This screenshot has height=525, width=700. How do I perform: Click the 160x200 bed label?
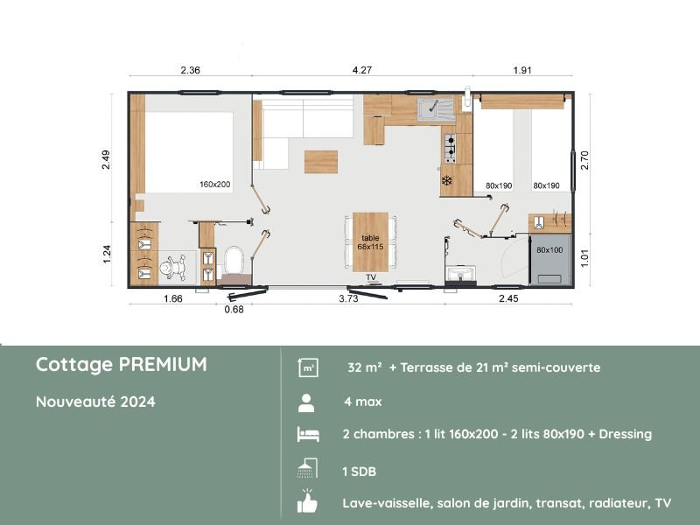(214, 185)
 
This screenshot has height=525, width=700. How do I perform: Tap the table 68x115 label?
(369, 242)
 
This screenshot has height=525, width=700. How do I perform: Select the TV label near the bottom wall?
(371, 277)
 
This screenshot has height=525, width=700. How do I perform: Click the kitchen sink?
(433, 109)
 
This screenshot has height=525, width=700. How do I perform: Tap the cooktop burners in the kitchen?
(451, 149)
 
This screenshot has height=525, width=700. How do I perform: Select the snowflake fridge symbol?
(446, 181)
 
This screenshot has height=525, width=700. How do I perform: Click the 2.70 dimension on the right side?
(585, 160)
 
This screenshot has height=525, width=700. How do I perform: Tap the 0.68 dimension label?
(234, 308)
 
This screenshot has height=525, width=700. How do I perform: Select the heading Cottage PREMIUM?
(122, 365)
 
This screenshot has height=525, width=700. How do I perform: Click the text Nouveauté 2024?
(95, 402)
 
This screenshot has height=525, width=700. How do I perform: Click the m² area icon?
(307, 367)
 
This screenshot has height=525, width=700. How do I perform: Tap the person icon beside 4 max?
(307, 402)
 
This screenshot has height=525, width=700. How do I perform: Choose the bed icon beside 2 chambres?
(307, 435)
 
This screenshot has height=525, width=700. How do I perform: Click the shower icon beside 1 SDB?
(307, 469)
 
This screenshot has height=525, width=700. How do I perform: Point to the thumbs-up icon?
(307, 503)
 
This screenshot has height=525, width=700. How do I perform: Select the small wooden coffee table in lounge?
(321, 162)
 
